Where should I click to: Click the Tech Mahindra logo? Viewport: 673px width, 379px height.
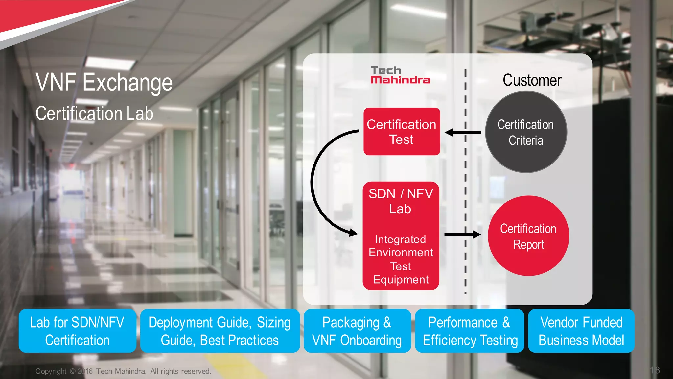point(400,75)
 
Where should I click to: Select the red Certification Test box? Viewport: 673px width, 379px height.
point(402,132)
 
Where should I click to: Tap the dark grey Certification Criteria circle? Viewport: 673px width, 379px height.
point(526,132)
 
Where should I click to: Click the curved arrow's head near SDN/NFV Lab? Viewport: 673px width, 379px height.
point(353,233)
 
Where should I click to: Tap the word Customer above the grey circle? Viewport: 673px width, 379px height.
point(532,80)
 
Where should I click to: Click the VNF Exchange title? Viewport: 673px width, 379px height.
point(104,82)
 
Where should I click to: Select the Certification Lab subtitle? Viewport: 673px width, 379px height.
point(94,114)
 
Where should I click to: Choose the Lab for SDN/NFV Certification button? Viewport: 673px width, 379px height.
point(77,331)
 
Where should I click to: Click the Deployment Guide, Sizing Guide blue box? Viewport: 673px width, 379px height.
point(220,331)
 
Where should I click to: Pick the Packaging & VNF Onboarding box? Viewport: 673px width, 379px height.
point(357,331)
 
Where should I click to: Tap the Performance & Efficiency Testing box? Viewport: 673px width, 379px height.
point(470,331)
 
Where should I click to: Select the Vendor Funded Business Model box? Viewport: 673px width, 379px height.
point(581,331)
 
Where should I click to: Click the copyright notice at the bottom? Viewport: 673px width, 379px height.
point(123,371)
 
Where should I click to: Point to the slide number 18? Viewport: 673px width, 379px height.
point(655,370)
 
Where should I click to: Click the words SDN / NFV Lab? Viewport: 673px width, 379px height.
point(401,201)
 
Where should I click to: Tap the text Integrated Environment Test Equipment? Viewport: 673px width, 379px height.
point(401,259)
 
